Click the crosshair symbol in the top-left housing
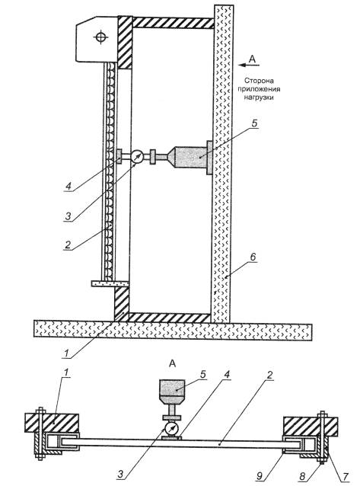(x=100, y=37)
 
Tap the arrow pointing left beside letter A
(x=248, y=65)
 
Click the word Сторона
(x=259, y=82)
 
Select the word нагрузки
(x=259, y=98)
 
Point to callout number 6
(x=253, y=257)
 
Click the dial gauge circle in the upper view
(x=137, y=157)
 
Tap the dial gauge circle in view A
(x=171, y=430)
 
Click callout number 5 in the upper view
(x=253, y=123)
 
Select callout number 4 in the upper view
(x=68, y=186)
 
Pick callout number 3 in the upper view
(x=68, y=216)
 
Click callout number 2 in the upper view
(x=68, y=245)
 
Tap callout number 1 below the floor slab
(x=66, y=353)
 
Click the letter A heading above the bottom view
(x=173, y=363)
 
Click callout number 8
(x=303, y=476)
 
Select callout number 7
(x=346, y=476)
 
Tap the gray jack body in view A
(x=172, y=392)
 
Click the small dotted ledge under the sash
(x=110, y=283)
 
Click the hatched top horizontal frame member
(x=173, y=23)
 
